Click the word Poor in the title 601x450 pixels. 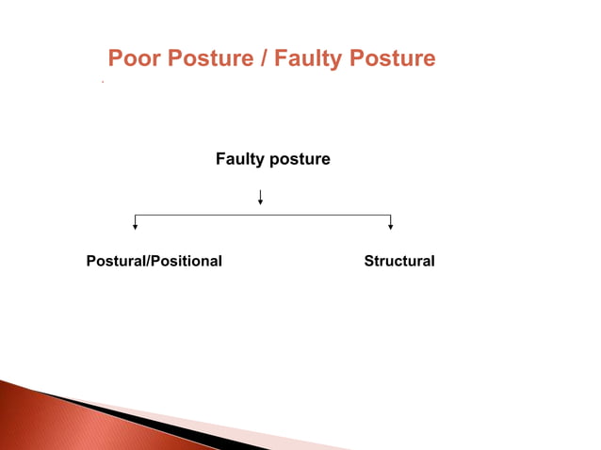(x=133, y=58)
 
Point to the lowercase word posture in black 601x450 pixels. (x=300, y=160)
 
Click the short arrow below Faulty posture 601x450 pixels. (x=260, y=197)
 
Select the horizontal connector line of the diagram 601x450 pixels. (x=263, y=215)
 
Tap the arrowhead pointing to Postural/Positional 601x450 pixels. (x=136, y=226)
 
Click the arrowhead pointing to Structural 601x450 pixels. (x=390, y=226)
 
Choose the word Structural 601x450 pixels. (x=399, y=261)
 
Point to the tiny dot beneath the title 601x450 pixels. (x=102, y=83)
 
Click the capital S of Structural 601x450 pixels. (x=369, y=261)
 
